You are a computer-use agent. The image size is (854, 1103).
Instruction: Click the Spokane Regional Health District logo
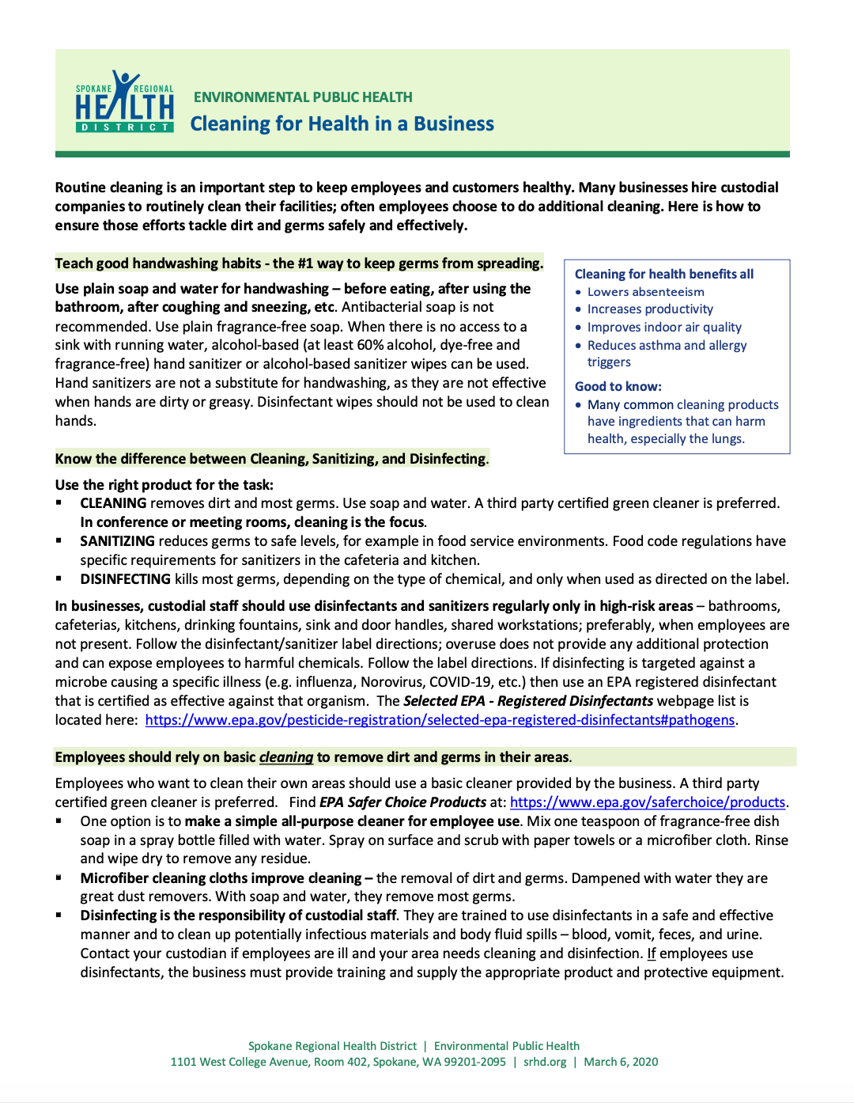point(124,102)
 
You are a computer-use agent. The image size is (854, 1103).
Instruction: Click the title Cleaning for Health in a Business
point(342,124)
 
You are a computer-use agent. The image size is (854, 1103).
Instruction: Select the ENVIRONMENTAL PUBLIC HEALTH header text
point(303,97)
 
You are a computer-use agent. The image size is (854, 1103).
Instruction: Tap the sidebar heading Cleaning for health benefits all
point(663,274)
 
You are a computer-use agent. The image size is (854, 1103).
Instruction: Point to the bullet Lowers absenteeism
point(645,292)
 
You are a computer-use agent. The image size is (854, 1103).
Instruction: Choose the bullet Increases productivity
point(650,309)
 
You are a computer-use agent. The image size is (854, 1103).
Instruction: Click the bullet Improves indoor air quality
point(664,328)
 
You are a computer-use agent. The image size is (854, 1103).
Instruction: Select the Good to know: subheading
point(618,386)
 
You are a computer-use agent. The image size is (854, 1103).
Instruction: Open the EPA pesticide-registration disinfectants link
point(440,720)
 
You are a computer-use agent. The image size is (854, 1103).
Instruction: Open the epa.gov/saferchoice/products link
point(647,802)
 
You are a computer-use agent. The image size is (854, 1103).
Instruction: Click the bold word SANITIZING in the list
point(117,541)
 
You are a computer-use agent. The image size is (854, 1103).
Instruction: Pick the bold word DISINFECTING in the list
point(125,579)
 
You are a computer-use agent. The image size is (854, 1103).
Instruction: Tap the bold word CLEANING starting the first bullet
point(113,503)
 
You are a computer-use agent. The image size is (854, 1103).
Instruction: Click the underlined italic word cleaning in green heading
point(286,757)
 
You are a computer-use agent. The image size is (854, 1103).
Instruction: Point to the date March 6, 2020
point(621,1062)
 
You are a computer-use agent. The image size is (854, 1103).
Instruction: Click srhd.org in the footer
point(545,1062)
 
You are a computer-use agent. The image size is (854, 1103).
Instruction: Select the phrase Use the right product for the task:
point(164,485)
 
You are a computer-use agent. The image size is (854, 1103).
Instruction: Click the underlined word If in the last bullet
point(652,953)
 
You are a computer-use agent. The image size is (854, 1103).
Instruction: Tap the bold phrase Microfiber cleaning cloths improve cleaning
point(221,878)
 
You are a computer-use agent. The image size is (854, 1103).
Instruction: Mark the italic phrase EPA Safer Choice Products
point(402,802)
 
